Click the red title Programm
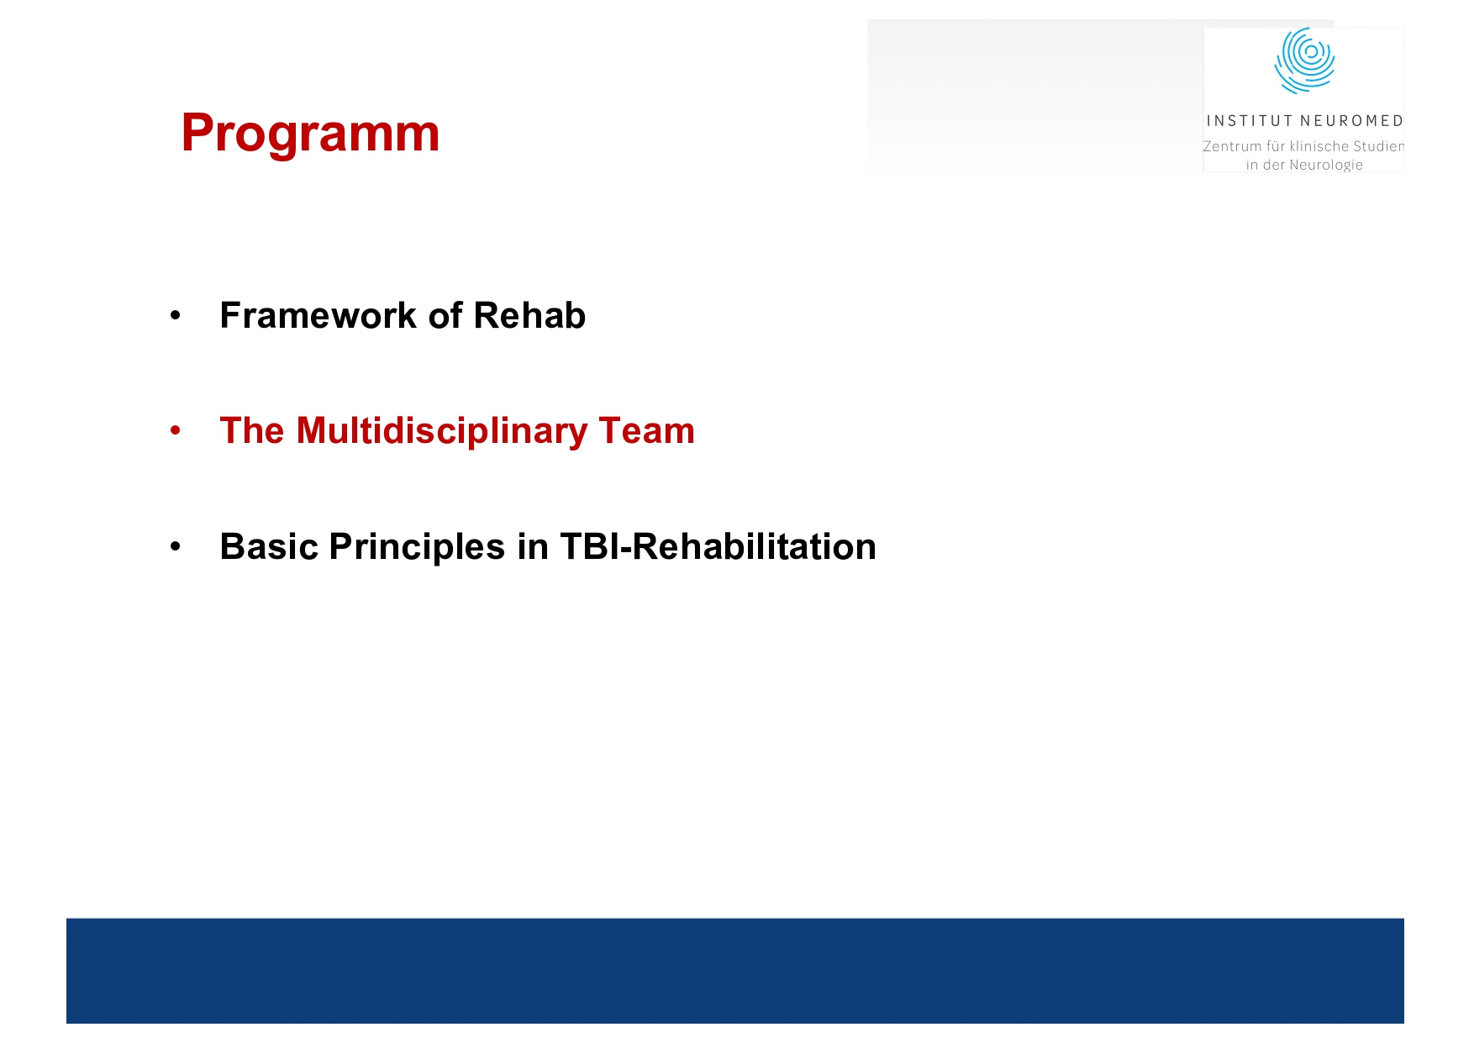310,133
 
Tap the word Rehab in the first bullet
529,316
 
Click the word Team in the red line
646,431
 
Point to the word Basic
269,547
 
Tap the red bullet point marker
175,432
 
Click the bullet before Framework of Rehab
175,317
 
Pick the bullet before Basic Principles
175,548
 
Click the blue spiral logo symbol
1304,60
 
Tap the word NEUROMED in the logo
1351,121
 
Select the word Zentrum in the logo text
1232,146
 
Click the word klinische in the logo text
1319,146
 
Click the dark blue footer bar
735,971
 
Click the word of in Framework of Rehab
445,316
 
